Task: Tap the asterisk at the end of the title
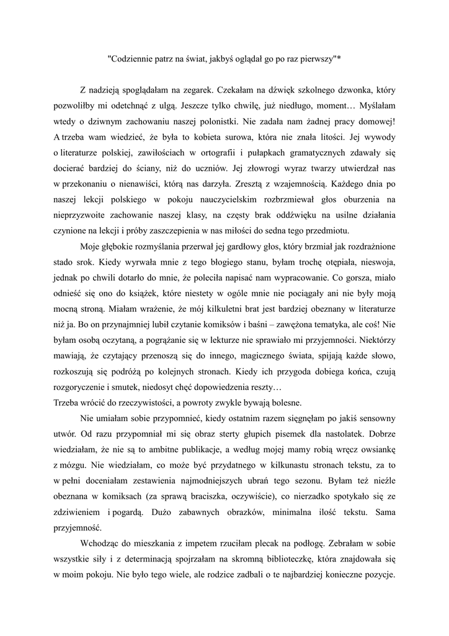click(x=339, y=58)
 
